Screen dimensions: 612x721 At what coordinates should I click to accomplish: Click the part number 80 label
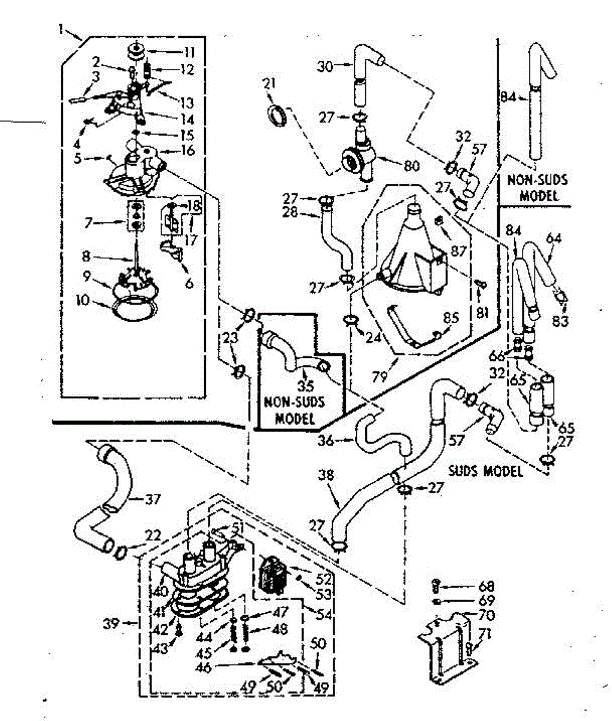click(x=411, y=166)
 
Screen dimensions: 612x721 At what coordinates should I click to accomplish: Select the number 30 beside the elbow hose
click(x=325, y=66)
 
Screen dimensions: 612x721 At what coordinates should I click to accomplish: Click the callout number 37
click(x=153, y=499)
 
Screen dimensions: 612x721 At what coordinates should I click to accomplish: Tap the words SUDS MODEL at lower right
click(x=485, y=472)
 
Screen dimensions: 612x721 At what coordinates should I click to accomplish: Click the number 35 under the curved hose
click(x=306, y=386)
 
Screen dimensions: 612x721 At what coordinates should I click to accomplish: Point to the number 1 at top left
click(x=61, y=29)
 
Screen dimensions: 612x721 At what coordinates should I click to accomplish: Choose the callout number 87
click(x=458, y=250)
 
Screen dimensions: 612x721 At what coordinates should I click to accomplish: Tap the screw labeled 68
click(x=436, y=586)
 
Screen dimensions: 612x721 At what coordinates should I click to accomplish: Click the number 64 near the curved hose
click(x=554, y=239)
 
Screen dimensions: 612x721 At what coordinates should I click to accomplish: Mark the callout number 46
click(x=204, y=668)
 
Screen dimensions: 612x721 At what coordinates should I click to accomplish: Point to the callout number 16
click(x=187, y=150)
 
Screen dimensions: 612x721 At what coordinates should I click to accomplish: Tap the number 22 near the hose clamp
click(x=153, y=535)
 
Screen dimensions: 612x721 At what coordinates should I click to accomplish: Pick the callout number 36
click(x=326, y=440)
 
